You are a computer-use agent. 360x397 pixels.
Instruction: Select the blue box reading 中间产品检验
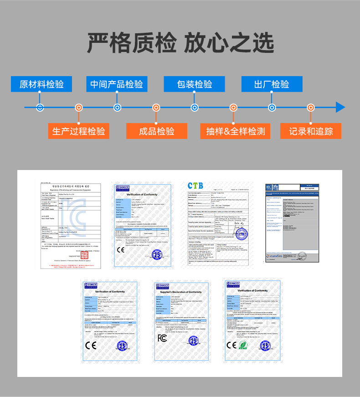pos(117,84)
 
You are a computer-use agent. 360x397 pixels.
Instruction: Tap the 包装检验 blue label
pos(195,84)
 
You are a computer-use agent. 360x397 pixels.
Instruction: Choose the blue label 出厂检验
pos(272,84)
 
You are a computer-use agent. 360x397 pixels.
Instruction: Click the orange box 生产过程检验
pos(78,131)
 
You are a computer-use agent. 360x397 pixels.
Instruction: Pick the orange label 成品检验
pos(156,131)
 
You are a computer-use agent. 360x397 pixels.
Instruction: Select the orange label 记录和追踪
pos(311,131)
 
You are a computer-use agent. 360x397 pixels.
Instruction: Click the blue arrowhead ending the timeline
pos(340,108)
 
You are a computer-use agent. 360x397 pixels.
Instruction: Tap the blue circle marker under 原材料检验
pos(40,108)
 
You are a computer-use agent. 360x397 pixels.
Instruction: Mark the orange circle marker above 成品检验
pos(156,108)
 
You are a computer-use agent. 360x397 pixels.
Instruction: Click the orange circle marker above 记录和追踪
pos(311,108)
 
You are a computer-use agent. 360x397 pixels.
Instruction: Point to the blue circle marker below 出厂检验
pos(272,108)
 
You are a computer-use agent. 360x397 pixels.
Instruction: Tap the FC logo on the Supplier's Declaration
pos(162,338)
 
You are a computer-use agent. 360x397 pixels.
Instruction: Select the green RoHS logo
pos(243,345)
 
